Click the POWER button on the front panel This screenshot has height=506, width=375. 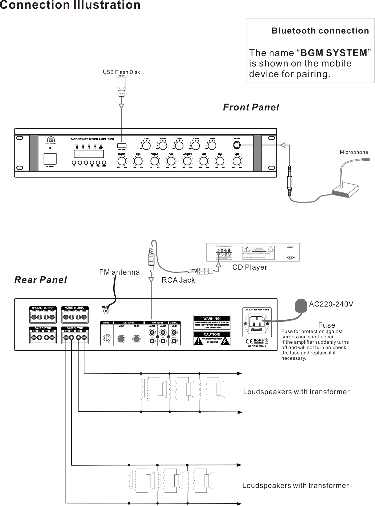click(x=50, y=159)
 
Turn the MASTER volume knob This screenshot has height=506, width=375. click(x=122, y=161)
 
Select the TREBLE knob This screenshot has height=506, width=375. click(x=155, y=161)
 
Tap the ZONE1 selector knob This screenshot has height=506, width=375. click(x=146, y=146)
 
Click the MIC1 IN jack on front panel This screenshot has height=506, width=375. click(x=237, y=145)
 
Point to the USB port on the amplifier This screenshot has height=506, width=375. click(x=122, y=146)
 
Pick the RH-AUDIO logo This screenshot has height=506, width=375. click(x=51, y=140)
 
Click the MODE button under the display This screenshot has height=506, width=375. click(x=104, y=163)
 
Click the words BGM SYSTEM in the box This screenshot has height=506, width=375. click(x=334, y=53)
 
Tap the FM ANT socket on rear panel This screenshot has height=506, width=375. click(x=106, y=311)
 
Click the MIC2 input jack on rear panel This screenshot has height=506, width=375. click(x=121, y=339)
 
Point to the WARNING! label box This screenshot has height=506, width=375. click(x=212, y=322)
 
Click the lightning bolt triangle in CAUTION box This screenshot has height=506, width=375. click(x=225, y=341)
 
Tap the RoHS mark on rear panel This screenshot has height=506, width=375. click(x=258, y=340)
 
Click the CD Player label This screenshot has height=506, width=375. click(x=249, y=267)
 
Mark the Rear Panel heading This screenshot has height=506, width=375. click(x=41, y=280)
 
